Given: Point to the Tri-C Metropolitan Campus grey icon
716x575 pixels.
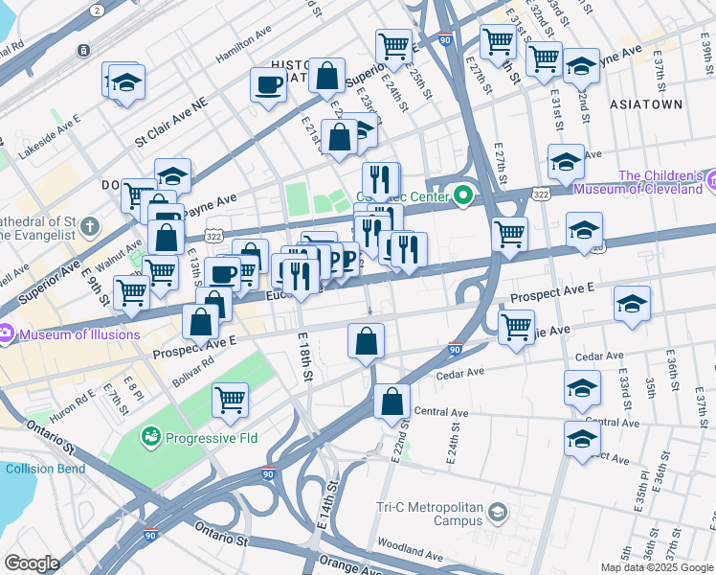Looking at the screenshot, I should point(497,514).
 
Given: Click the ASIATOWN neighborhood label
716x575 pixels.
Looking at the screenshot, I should point(675,103).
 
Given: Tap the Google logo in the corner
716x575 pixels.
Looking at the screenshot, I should point(31,563).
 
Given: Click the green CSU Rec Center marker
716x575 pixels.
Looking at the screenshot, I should point(464,196).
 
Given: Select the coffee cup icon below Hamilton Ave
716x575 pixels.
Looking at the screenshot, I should point(268,84).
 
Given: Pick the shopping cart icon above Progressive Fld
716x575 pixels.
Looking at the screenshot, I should point(231,400).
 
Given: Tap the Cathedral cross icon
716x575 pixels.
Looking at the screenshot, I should point(90,227).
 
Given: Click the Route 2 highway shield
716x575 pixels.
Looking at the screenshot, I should point(97,9).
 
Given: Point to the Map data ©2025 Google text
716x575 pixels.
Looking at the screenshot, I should point(657,566).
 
